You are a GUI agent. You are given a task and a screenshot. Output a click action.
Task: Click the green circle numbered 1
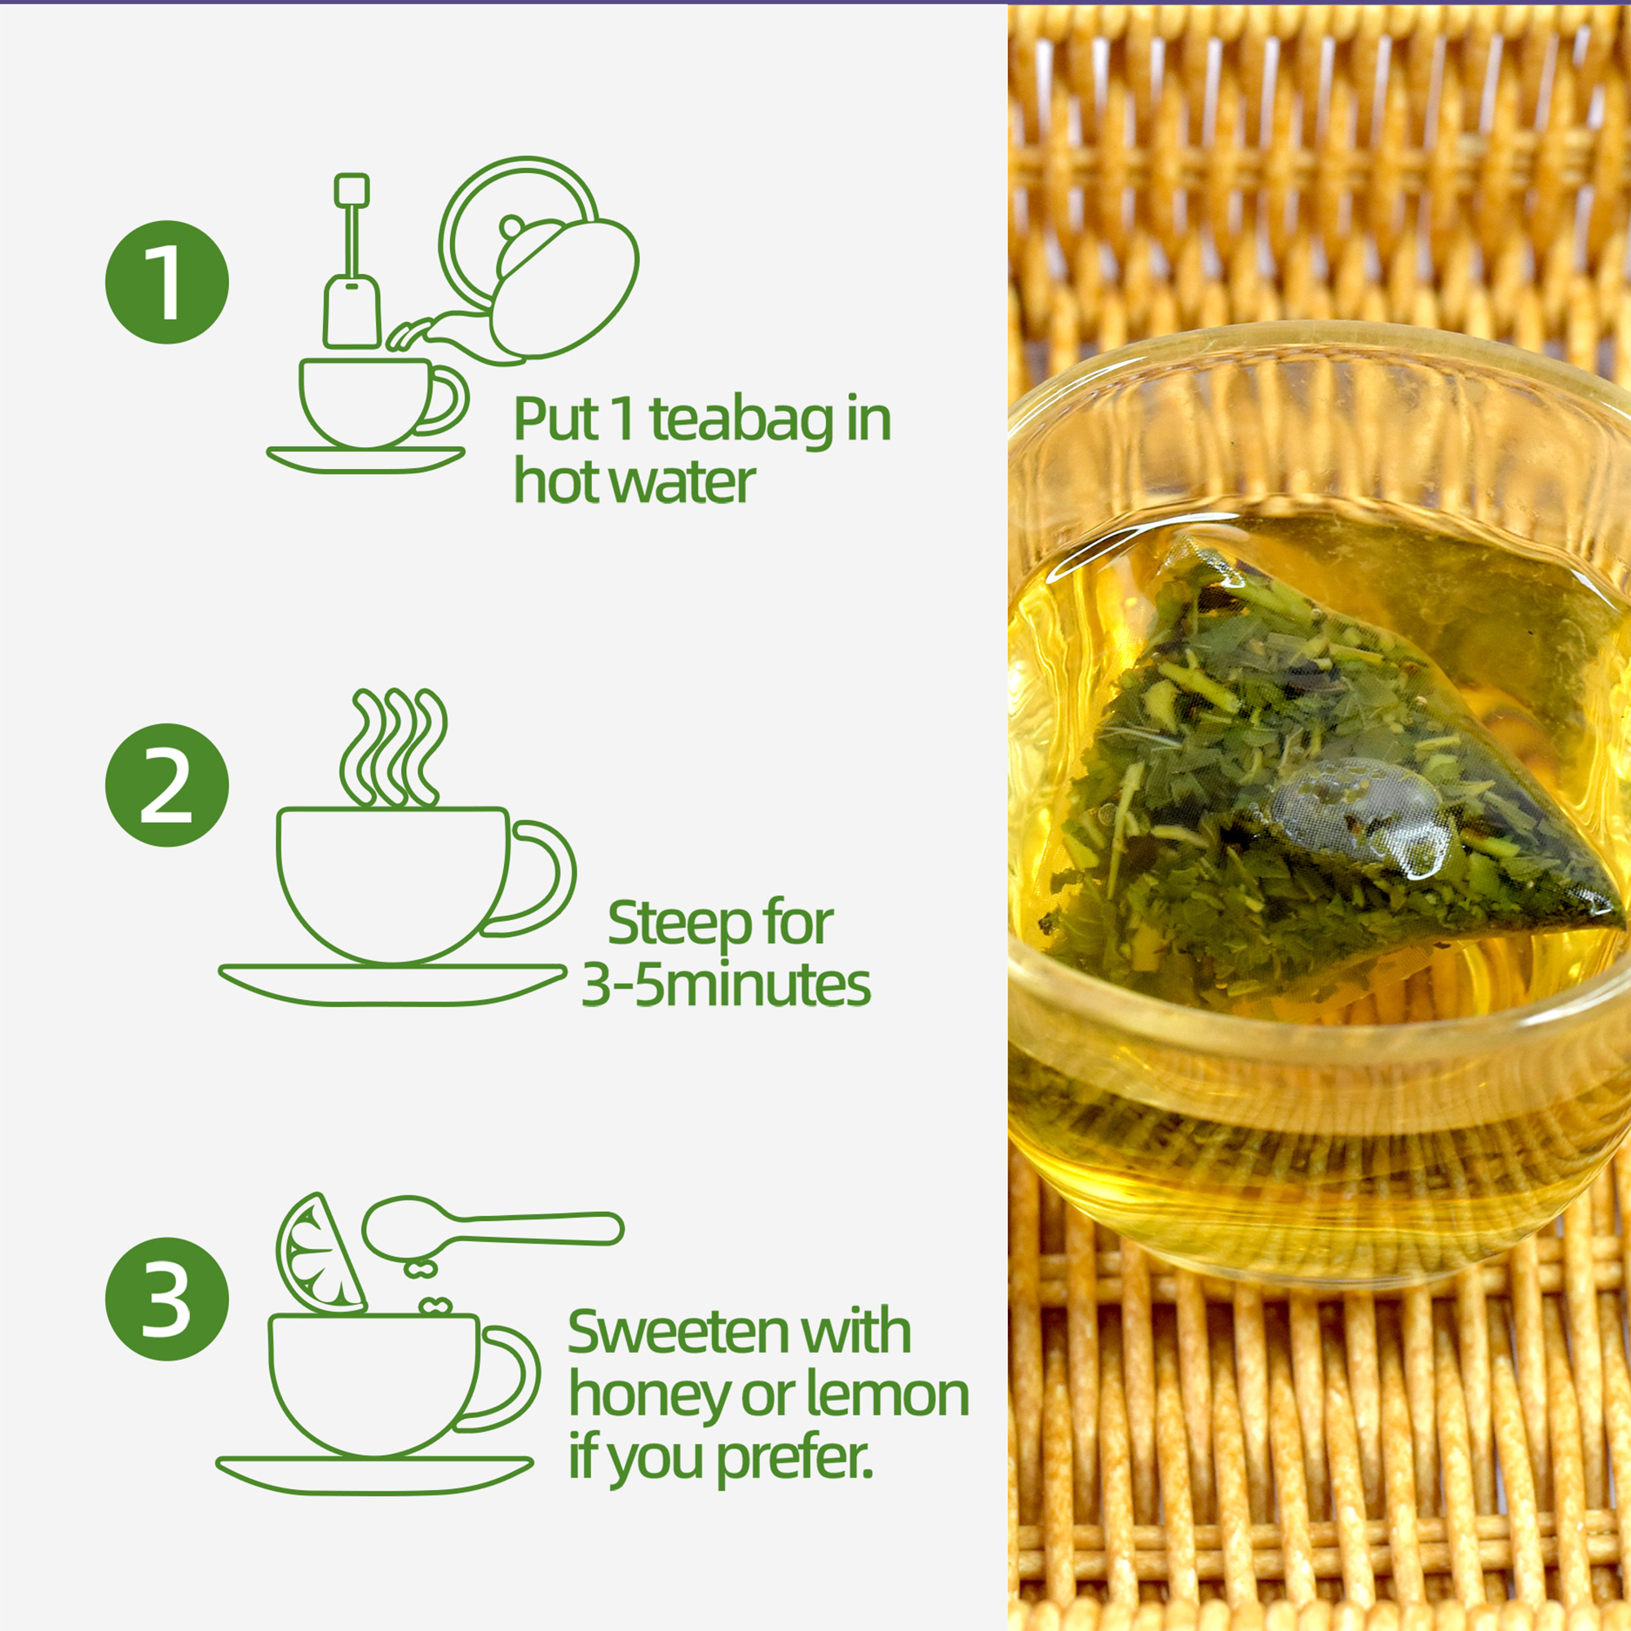[x=167, y=282]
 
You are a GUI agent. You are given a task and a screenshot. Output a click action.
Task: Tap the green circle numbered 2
[x=167, y=785]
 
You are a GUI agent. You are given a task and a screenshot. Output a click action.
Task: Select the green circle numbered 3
[x=167, y=1298]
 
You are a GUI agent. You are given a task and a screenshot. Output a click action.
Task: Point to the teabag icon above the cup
[x=352, y=262]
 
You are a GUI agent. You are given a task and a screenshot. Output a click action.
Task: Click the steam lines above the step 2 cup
[x=393, y=748]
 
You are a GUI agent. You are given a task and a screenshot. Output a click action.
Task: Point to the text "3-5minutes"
[x=726, y=986]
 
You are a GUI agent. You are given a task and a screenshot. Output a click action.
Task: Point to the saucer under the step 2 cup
[x=392, y=984]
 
